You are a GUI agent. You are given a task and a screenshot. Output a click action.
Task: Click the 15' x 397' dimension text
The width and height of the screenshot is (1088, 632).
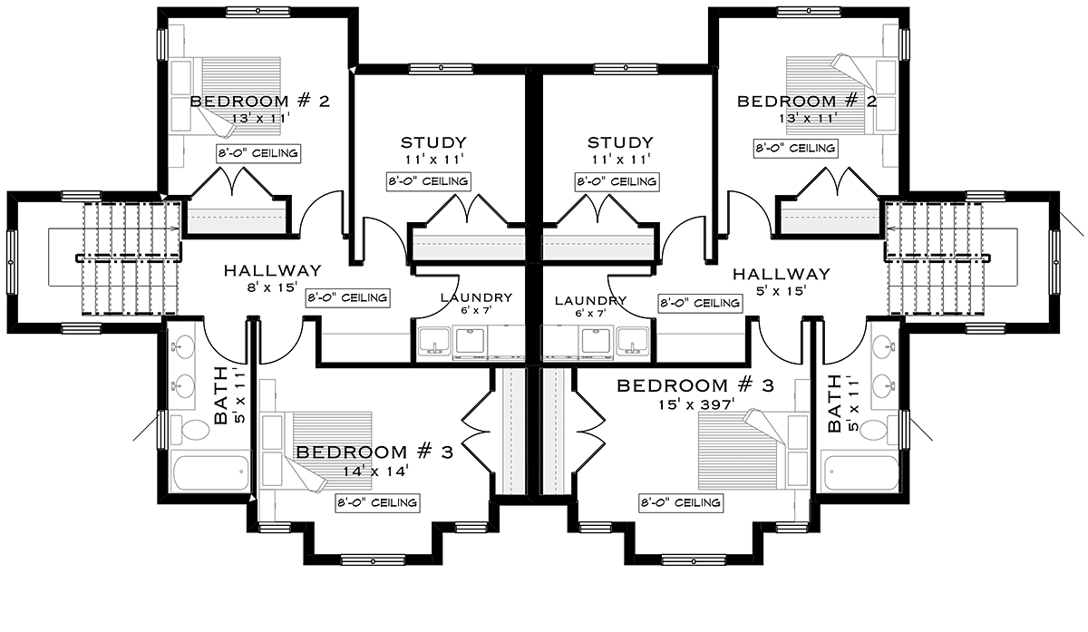tap(696, 404)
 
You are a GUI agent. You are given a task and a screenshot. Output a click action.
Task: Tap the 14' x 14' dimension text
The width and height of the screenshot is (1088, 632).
tap(375, 472)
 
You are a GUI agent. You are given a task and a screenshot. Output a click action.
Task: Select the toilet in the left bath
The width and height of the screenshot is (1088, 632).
tap(194, 431)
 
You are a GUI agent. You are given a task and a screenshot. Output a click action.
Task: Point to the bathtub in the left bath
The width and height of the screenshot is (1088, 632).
tap(210, 472)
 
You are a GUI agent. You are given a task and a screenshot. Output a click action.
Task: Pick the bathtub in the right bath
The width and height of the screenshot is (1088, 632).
tap(860, 472)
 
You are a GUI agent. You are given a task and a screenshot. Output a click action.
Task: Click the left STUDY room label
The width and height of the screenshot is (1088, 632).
tap(433, 143)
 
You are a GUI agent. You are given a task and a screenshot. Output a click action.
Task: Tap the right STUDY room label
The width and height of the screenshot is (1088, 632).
tap(620, 143)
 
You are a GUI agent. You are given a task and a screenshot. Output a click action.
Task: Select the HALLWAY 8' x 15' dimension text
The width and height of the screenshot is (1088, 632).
tap(272, 287)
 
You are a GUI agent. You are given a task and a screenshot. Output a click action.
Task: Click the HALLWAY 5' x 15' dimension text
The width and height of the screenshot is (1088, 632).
tap(782, 291)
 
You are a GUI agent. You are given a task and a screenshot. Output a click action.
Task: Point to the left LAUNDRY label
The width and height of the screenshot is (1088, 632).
tap(477, 297)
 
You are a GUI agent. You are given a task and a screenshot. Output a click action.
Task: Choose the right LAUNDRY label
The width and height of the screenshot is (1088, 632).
tap(590, 301)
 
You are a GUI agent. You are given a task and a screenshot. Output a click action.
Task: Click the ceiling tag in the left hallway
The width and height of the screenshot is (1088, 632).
tap(348, 297)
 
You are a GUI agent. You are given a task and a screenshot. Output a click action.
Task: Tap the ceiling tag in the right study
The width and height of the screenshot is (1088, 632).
tap(617, 181)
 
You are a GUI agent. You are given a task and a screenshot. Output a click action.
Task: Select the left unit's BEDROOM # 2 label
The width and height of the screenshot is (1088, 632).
tap(260, 102)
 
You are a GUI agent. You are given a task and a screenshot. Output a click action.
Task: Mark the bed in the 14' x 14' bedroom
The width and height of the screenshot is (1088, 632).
tap(316, 452)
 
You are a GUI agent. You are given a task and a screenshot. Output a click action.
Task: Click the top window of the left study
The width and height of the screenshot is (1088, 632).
tap(441, 69)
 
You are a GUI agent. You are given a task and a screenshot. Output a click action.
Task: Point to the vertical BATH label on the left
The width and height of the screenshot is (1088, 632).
tap(221, 395)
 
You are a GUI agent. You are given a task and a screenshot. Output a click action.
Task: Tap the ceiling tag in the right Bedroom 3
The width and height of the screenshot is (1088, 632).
tap(681, 502)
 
